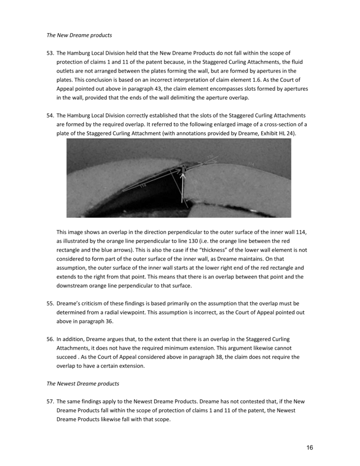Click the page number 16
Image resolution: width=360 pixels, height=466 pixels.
point(310,448)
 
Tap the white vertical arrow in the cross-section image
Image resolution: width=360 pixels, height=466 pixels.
point(182,187)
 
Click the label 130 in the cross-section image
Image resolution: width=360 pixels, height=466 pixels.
point(210,157)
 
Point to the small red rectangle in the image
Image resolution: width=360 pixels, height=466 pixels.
point(182,168)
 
